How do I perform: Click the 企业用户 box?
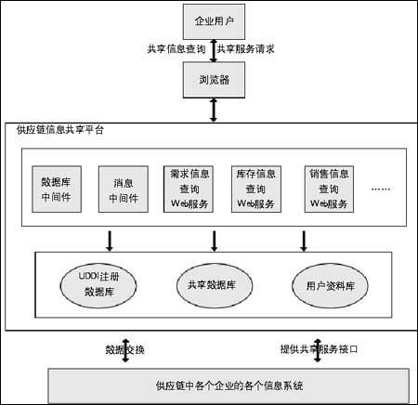pos(214,21)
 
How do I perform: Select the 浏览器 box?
pos(214,80)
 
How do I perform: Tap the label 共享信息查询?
pos(176,49)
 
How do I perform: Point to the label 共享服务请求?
pos(245,49)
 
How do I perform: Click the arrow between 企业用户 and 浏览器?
pos(214,50)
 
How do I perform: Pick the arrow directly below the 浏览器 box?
pos(214,111)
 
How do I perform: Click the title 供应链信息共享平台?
pos(60,130)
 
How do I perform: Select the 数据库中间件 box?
pos(57,189)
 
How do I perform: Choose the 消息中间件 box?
pos(124,189)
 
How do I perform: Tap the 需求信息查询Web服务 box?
pos(189,189)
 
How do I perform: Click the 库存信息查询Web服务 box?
pos(256,189)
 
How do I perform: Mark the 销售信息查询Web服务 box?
pos(329,189)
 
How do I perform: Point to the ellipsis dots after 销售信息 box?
pos(381,189)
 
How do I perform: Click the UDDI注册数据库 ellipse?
pos(98,285)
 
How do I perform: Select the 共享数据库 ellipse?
pos(215,285)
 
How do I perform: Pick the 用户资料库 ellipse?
pos(330,285)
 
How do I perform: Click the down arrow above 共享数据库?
pos(214,241)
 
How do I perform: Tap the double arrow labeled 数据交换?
pos(125,350)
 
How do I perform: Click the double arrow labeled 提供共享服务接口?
pos(318,350)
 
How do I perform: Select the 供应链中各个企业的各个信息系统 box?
pos(229,385)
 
